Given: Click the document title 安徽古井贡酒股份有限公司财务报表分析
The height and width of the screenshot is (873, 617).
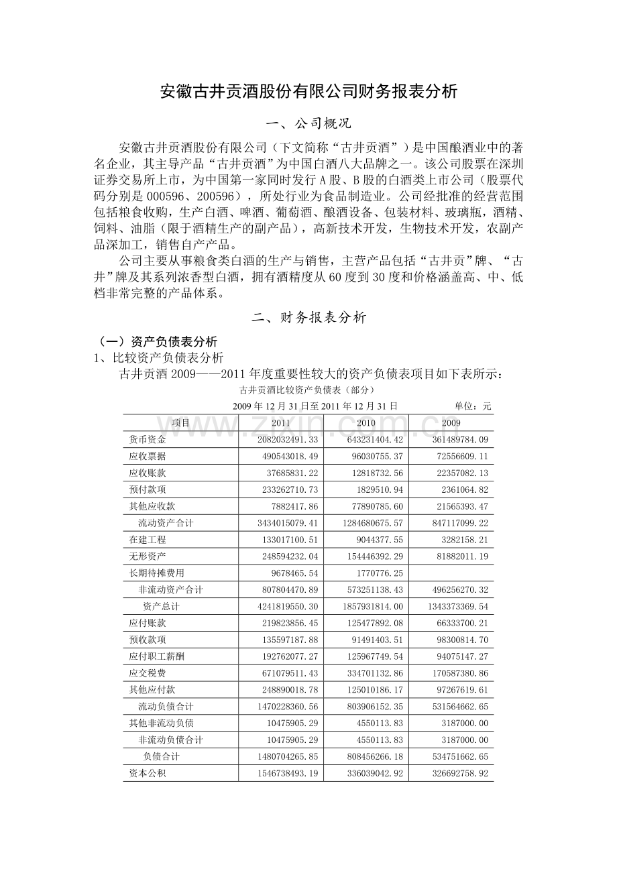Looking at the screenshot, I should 308,91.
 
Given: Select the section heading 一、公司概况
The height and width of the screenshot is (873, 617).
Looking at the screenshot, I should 308,124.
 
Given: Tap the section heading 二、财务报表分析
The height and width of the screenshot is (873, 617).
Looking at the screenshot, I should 308,318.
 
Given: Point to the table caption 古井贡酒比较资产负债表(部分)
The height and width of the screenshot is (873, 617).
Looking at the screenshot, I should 308,390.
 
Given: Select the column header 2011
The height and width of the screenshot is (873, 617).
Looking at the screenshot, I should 281,422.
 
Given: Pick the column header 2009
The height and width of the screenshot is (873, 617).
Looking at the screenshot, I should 451,422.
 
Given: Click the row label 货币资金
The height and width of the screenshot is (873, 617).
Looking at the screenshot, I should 148,439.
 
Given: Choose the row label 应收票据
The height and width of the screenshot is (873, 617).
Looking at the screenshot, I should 148,456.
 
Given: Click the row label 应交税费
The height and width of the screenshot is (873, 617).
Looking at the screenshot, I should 148,673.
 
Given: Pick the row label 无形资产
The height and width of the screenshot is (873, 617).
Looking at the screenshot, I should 148,556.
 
